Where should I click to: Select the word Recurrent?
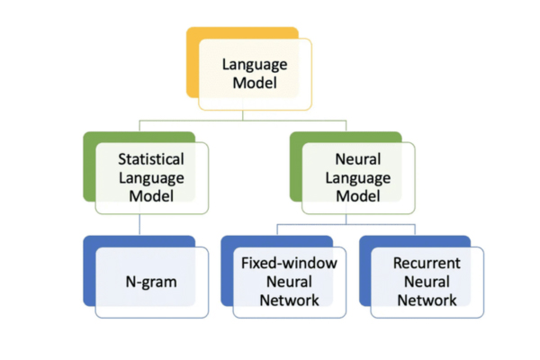coord(427,264)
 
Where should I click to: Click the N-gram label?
coord(151,282)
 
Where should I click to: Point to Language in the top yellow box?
coord(255,65)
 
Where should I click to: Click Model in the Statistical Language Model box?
coord(151,193)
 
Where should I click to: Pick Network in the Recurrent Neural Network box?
coord(427,300)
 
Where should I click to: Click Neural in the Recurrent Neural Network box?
coord(427,282)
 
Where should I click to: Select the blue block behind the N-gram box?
coord(90,270)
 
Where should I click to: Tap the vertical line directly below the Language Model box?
coord(255,114)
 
